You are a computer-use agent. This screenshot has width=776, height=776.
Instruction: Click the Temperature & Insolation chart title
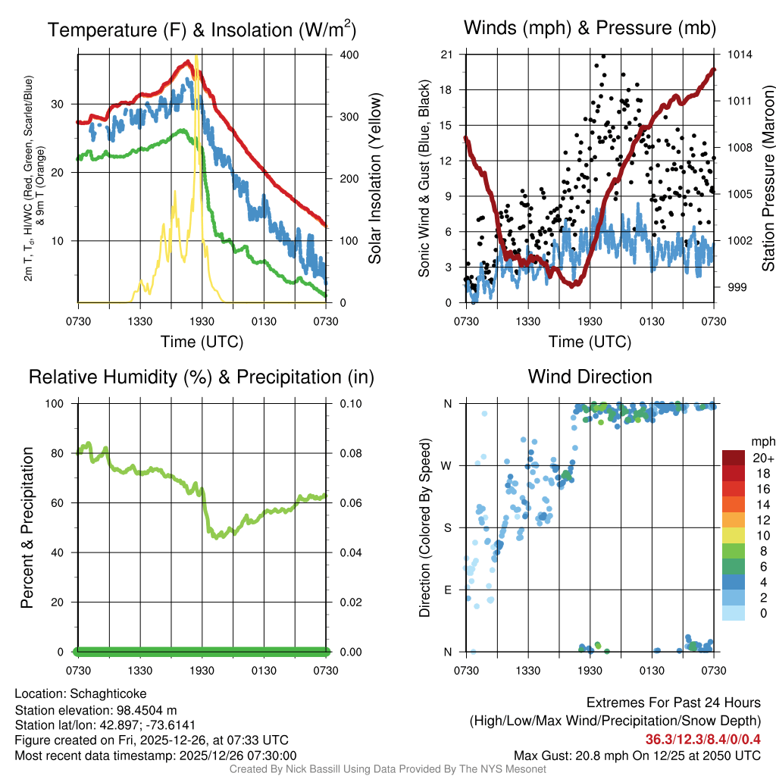point(202,30)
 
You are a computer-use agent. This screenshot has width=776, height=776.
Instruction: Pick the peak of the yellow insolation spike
point(196,56)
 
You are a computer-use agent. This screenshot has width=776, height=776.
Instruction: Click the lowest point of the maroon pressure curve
point(574,285)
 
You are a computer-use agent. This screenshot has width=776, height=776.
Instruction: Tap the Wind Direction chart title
point(590,377)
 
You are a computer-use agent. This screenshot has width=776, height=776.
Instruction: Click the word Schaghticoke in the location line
point(108,693)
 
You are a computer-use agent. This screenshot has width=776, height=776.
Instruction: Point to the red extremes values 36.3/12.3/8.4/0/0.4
point(703,739)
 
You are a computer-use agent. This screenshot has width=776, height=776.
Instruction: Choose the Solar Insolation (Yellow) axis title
point(374,179)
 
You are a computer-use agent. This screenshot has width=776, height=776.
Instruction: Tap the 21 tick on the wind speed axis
point(446,54)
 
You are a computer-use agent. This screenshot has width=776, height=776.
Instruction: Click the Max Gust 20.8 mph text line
point(637,755)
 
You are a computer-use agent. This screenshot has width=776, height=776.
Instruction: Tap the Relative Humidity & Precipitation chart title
point(201,377)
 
